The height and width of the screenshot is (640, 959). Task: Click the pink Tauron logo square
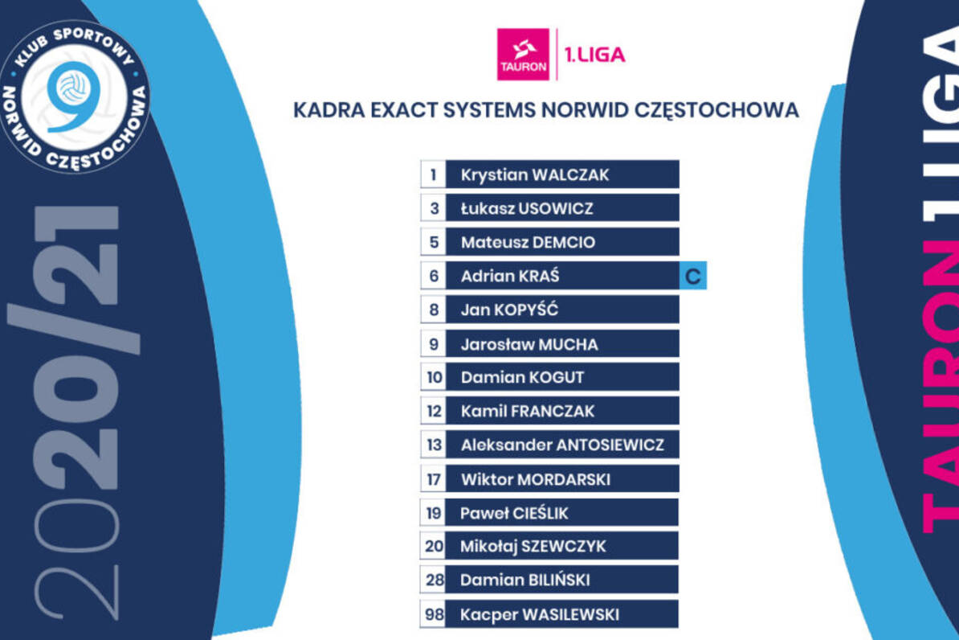coord(523,54)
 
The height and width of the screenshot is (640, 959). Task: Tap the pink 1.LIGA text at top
coord(594,55)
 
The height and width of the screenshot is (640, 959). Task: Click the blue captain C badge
coord(693,276)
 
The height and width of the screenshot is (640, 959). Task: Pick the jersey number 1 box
coord(433,174)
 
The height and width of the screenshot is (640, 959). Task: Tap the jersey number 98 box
coord(433,613)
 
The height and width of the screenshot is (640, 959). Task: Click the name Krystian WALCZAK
coord(535,175)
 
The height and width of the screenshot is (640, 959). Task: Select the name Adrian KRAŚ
coord(510,277)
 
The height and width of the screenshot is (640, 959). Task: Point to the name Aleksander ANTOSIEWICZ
coord(562,445)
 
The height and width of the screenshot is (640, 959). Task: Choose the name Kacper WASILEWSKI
coord(540,615)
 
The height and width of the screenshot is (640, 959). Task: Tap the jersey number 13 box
coord(433,445)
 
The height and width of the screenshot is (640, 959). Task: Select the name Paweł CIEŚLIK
coord(514,513)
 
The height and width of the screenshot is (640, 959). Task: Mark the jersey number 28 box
coord(433,580)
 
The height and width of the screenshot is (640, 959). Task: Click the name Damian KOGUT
coord(522,377)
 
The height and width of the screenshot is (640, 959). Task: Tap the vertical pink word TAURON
coord(940,386)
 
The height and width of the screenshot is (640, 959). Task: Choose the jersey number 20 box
coord(433,546)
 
